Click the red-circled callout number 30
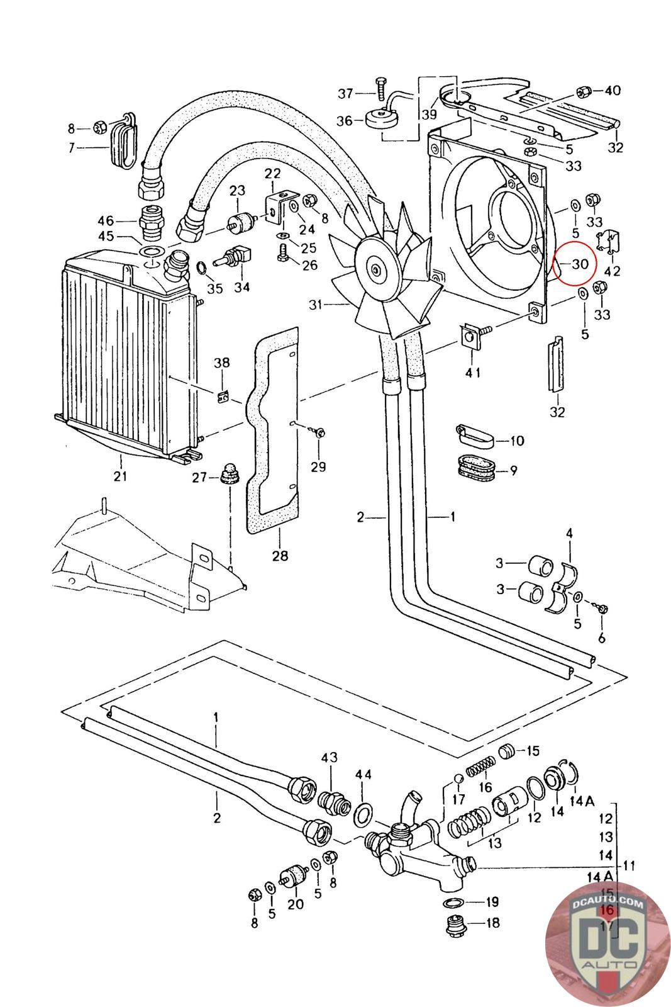[580, 264]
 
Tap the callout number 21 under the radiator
[120, 476]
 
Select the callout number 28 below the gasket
[280, 555]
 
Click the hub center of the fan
[376, 270]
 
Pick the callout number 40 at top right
[612, 90]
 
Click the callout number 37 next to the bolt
[346, 94]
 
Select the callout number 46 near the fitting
[106, 220]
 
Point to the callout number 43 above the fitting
[330, 758]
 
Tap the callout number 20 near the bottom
[296, 904]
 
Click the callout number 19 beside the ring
[491, 902]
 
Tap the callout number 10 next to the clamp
[517, 441]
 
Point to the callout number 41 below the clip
[473, 372]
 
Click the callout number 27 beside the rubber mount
[199, 478]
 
